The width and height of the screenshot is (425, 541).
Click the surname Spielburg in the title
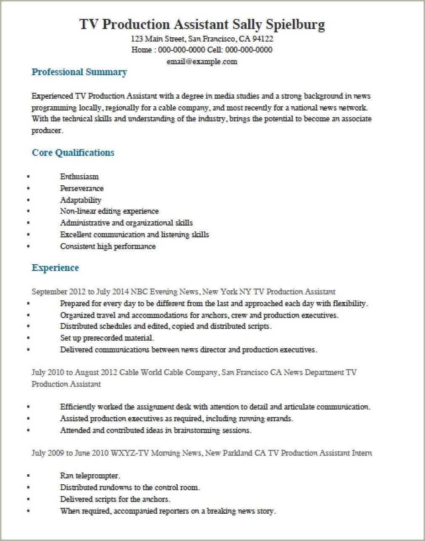pyautogui.click(x=296, y=25)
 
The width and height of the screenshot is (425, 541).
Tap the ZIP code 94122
pyautogui.click(x=262, y=39)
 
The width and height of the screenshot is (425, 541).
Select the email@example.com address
pyautogui.click(x=202, y=62)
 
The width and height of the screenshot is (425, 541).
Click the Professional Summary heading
pyautogui.click(x=79, y=72)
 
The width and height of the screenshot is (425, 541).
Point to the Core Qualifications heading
pyautogui.click(x=73, y=152)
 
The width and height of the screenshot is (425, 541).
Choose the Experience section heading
pyautogui.click(x=55, y=268)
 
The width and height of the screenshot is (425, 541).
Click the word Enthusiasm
pyautogui.click(x=79, y=177)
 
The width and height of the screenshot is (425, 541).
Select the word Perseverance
pyautogui.click(x=81, y=189)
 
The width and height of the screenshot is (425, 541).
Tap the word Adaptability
pyautogui.click(x=81, y=200)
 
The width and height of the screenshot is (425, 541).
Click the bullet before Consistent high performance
pyautogui.click(x=29, y=247)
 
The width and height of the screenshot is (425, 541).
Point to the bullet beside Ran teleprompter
pyautogui.click(x=29, y=476)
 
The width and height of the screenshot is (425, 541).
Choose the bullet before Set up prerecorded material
pyautogui.click(x=29, y=338)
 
